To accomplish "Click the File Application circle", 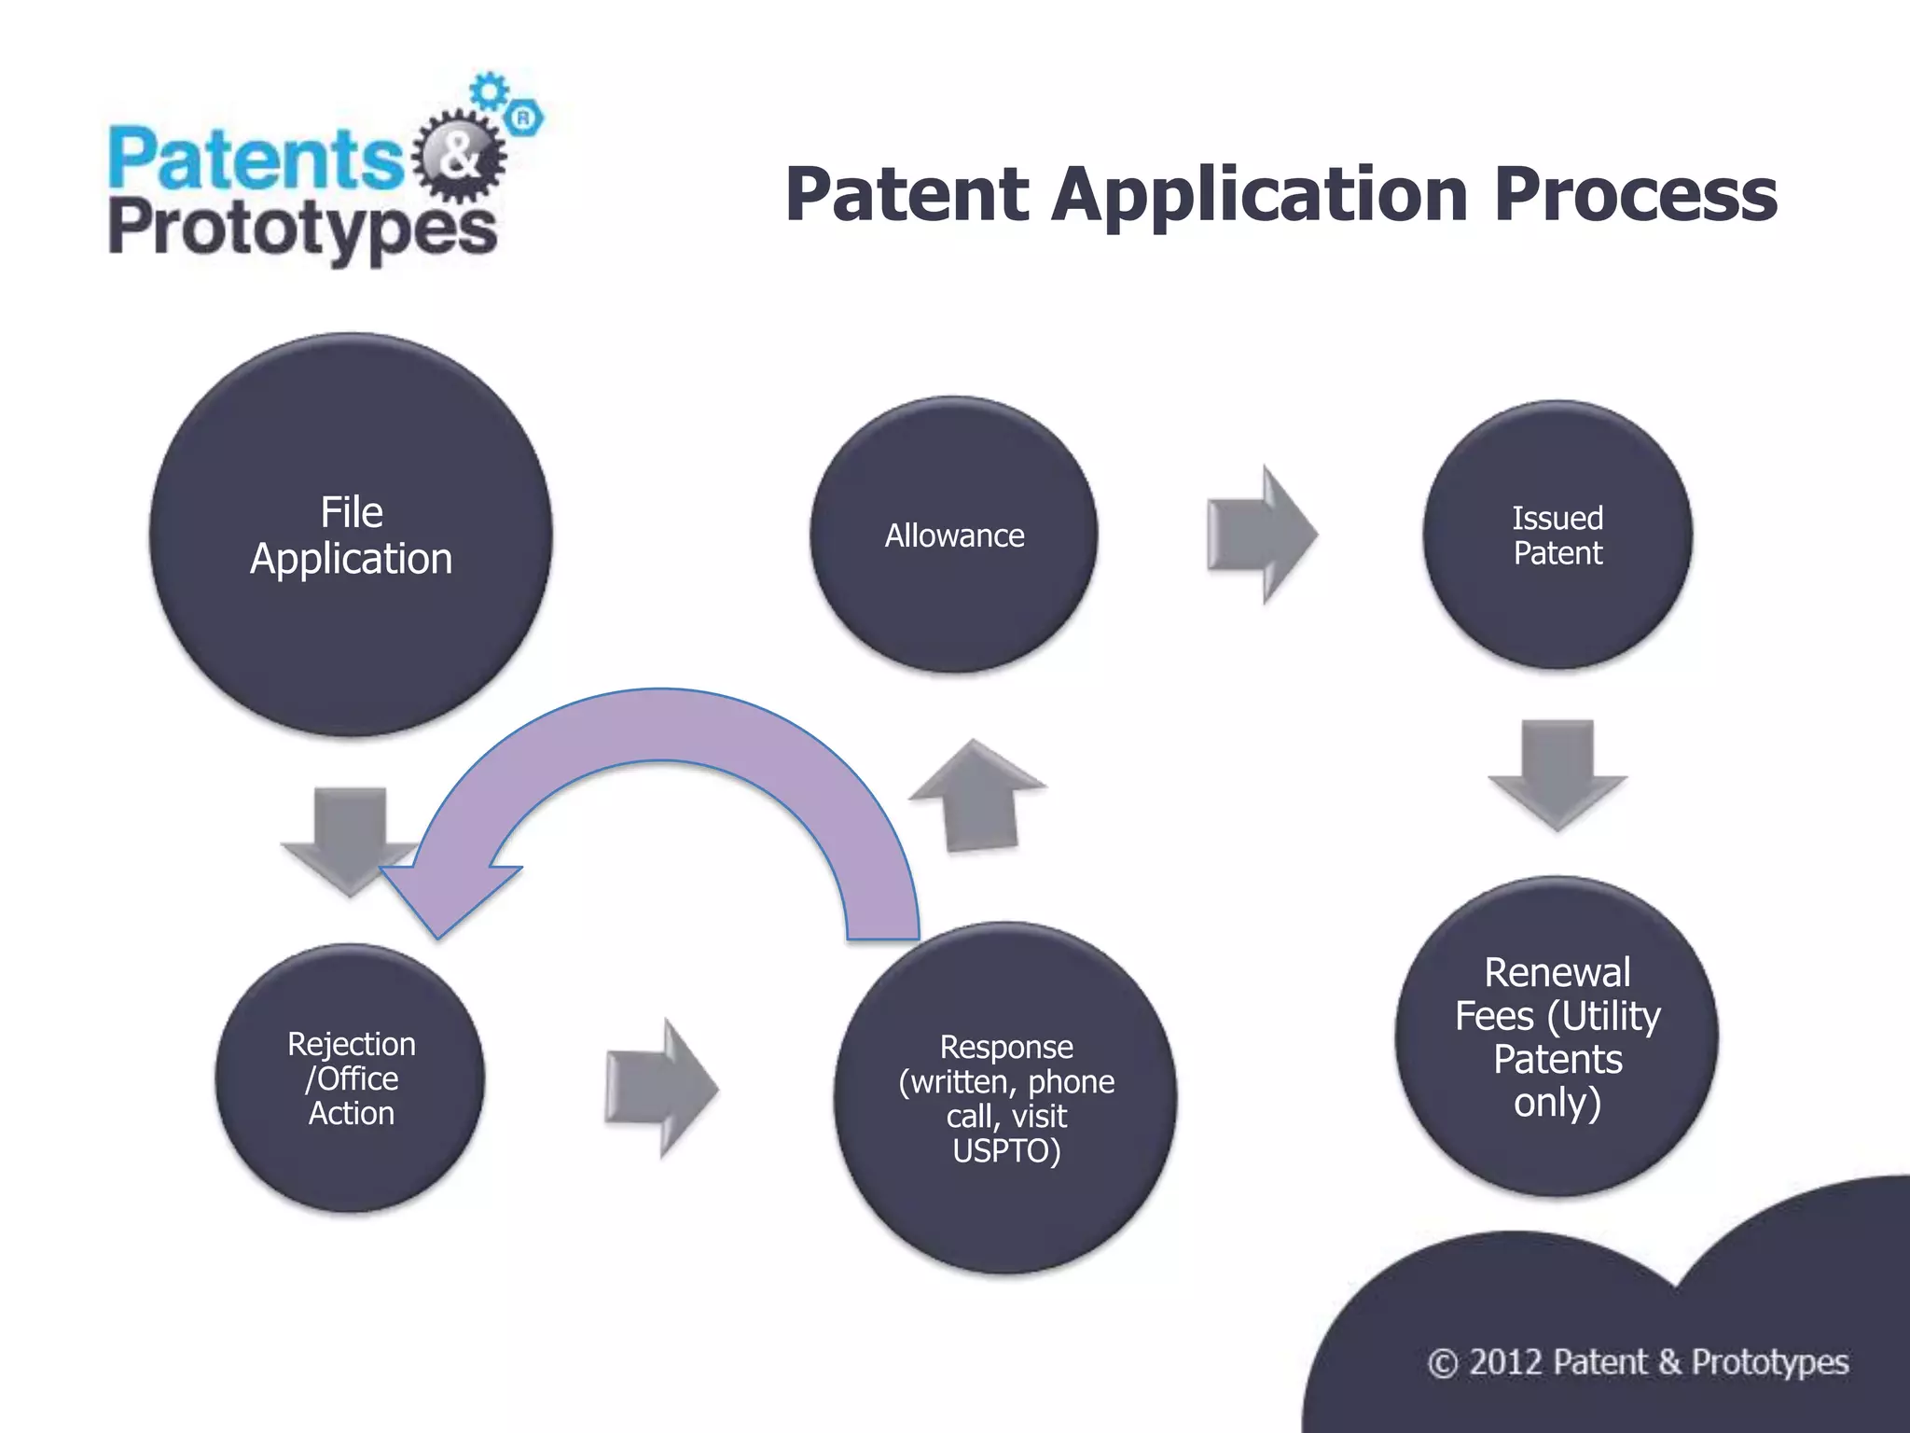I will [351, 535].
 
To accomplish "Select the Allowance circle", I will [954, 535].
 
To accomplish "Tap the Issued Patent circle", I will [1557, 535].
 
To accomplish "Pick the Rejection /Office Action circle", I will [351, 1078].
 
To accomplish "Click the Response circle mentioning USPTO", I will [1005, 1098].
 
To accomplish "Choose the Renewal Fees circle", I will [1557, 1036].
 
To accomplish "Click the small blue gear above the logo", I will [489, 90].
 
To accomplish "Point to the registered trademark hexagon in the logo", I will [524, 118].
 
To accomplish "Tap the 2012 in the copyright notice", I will [1505, 1362].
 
